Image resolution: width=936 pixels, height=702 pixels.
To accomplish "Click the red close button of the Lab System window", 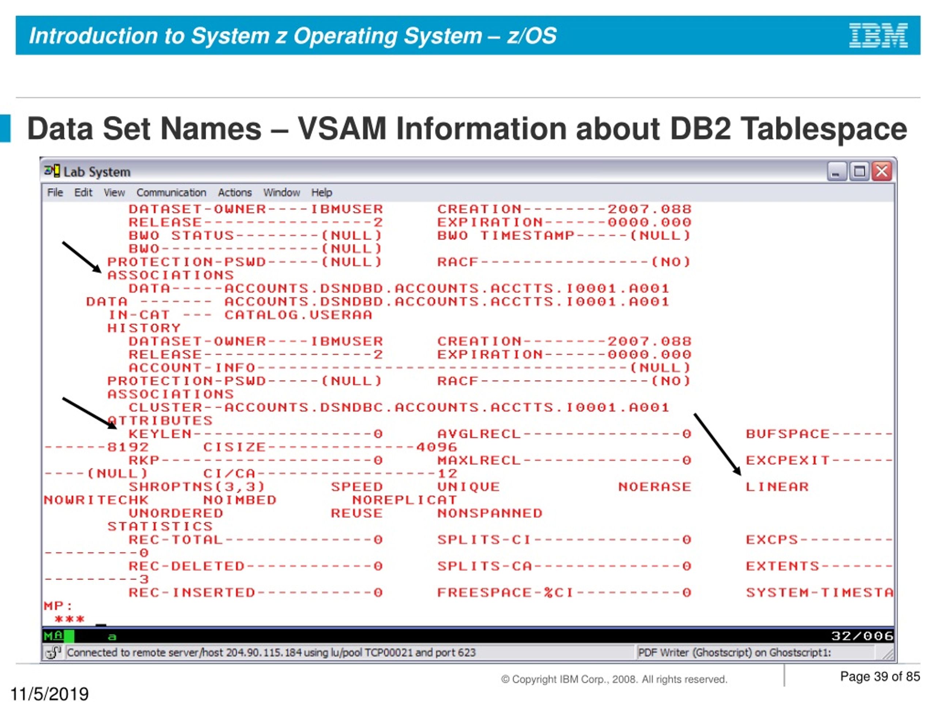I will pyautogui.click(x=882, y=172).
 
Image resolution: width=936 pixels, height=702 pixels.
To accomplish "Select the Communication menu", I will pyautogui.click(x=171, y=193).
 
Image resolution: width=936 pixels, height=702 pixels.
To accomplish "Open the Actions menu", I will pyautogui.click(x=235, y=193).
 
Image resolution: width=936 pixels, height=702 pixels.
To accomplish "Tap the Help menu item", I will pyautogui.click(x=322, y=193).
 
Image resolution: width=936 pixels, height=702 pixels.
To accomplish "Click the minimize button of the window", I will pyautogui.click(x=836, y=172).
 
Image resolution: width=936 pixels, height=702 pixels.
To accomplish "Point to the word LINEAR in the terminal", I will pyautogui.click(x=777, y=487).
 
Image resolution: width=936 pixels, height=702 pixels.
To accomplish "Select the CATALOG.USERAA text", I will pyautogui.click(x=298, y=315).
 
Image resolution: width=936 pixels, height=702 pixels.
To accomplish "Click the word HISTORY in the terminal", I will pyautogui.click(x=144, y=328).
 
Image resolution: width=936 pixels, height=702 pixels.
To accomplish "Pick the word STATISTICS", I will pyautogui.click(x=160, y=526).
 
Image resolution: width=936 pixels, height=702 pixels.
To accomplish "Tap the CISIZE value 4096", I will pyautogui.click(x=437, y=447).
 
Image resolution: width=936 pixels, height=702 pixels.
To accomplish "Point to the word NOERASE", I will pyautogui.click(x=654, y=487).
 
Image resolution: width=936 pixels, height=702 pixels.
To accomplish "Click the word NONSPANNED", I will pyautogui.click(x=490, y=513).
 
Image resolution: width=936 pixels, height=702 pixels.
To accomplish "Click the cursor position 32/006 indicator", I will pyautogui.click(x=862, y=636).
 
